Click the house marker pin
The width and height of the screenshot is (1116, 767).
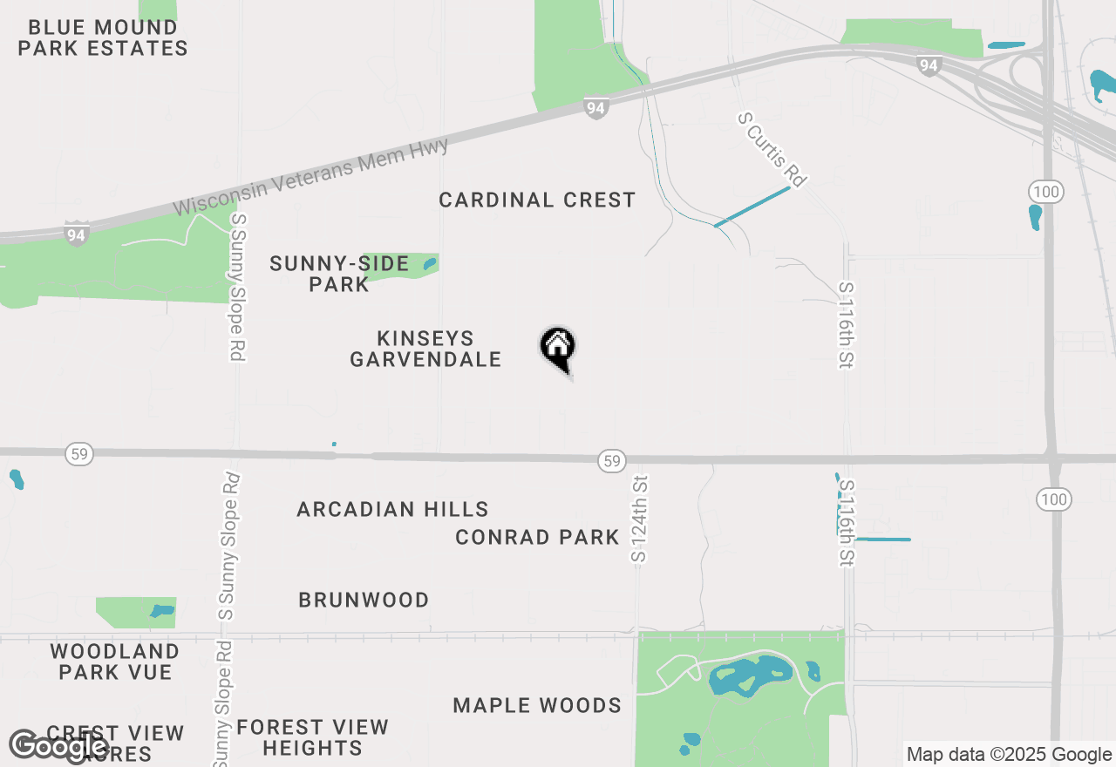point(558,349)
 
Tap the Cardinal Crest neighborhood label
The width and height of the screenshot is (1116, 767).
point(537,200)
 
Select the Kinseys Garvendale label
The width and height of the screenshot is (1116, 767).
point(425,349)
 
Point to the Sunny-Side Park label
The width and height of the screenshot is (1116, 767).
point(339,274)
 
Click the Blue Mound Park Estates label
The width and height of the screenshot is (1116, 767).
point(103,38)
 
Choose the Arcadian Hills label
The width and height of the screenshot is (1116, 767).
point(392,510)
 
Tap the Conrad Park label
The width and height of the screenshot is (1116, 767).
point(537,538)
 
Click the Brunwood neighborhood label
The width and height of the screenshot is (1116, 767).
point(364,601)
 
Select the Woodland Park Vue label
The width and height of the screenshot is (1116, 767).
point(115,662)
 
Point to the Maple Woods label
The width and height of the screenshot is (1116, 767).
point(537,706)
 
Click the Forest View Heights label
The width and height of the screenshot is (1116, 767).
point(312,737)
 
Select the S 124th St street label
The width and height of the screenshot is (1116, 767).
point(640,519)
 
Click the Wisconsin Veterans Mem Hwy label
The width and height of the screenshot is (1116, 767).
point(311,177)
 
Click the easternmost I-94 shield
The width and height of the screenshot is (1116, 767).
point(929,65)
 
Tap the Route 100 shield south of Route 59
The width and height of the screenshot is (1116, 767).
point(1053,499)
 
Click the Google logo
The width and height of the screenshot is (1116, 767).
point(59,747)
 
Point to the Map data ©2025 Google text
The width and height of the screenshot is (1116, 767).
point(1009,755)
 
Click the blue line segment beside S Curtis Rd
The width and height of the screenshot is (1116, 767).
point(752,207)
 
